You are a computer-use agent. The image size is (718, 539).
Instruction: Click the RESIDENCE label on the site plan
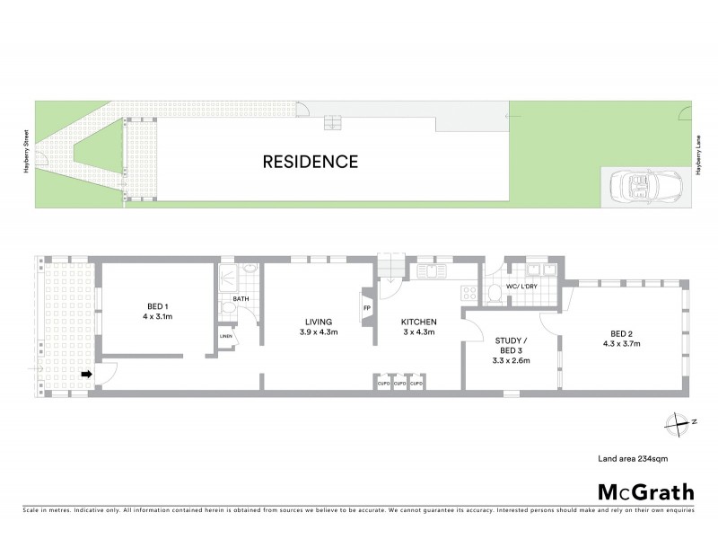[x=310, y=163]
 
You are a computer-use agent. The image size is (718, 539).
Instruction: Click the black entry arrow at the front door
[x=87, y=374]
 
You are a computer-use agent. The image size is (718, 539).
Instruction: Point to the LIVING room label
[x=319, y=327]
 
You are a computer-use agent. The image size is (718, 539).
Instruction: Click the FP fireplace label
[x=366, y=308]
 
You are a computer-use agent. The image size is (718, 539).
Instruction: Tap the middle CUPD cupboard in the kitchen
[x=400, y=384]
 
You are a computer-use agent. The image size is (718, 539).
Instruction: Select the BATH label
[x=241, y=298]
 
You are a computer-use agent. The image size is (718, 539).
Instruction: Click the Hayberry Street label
[x=28, y=154]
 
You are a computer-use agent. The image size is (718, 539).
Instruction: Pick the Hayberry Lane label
[x=697, y=154]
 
